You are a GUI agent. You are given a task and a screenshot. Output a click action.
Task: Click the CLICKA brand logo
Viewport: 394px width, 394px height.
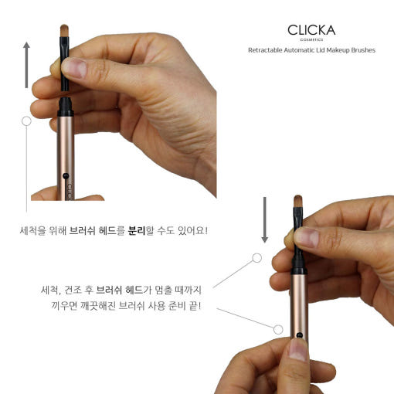(x=311, y=30)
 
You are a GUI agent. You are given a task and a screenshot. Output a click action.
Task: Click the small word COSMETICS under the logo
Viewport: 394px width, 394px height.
(x=311, y=39)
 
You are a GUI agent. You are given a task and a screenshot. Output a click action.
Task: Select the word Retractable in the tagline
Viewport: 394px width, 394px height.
(x=265, y=50)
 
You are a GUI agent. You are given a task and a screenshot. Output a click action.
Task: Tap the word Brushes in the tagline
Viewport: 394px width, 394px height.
(x=363, y=50)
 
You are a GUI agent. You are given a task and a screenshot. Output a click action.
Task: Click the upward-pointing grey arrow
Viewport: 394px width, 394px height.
(x=26, y=65)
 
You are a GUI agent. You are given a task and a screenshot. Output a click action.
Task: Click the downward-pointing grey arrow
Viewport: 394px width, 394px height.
(x=265, y=219)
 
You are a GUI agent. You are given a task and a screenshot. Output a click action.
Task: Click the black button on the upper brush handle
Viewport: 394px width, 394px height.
(x=66, y=176)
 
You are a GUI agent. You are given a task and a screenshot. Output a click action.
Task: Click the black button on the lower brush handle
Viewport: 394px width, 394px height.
(x=299, y=335)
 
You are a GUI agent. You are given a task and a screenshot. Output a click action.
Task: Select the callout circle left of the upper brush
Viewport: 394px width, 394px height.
(x=26, y=121)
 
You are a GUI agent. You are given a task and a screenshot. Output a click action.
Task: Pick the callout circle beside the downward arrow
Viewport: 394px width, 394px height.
(x=256, y=258)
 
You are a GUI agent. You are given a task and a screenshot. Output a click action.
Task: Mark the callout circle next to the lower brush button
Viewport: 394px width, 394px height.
(x=278, y=329)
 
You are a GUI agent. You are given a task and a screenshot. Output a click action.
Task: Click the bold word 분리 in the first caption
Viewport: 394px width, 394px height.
(x=137, y=230)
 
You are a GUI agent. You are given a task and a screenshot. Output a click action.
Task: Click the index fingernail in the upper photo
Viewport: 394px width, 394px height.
(x=74, y=68)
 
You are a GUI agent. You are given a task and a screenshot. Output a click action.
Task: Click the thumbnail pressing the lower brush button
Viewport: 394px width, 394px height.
(x=298, y=348)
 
